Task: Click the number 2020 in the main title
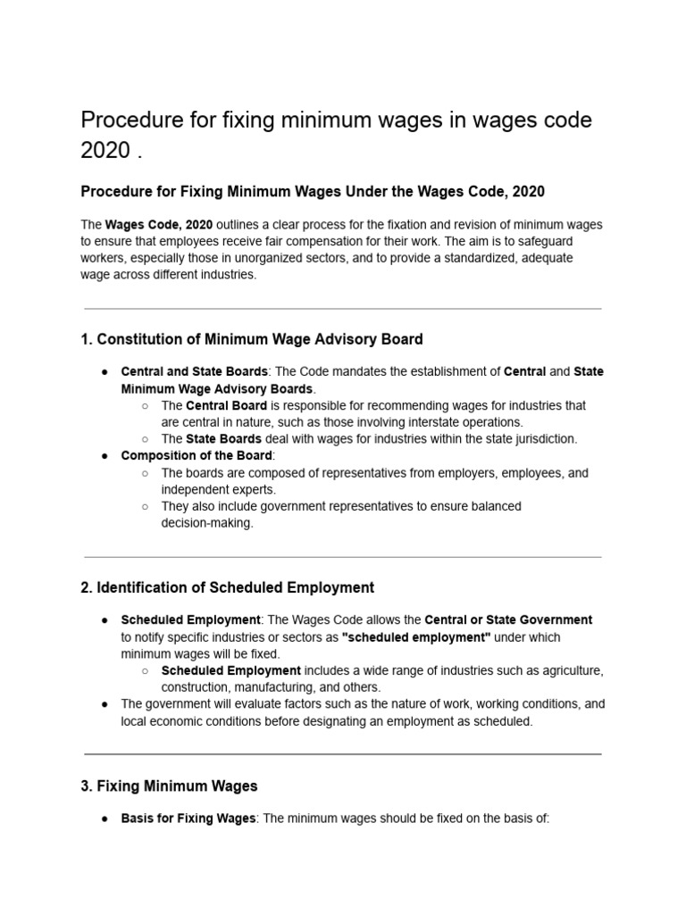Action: click(x=105, y=151)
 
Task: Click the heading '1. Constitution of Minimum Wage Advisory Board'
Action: click(x=251, y=339)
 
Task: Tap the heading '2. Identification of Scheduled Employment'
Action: click(x=227, y=587)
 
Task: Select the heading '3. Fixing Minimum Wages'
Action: click(x=169, y=786)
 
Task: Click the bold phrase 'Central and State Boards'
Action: click(x=194, y=371)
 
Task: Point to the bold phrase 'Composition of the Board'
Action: click(x=196, y=455)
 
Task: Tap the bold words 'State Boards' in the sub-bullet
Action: click(x=223, y=438)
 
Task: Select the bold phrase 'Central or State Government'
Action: click(x=508, y=619)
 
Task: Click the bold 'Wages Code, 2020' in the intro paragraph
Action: click(x=159, y=224)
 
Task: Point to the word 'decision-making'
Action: click(x=206, y=524)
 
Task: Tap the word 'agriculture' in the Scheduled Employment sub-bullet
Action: click(x=572, y=670)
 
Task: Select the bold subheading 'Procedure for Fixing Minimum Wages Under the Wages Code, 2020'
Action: click(x=313, y=192)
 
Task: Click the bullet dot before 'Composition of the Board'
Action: click(x=105, y=455)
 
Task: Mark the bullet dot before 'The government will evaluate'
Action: click(x=105, y=703)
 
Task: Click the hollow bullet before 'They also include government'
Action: click(x=145, y=506)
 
